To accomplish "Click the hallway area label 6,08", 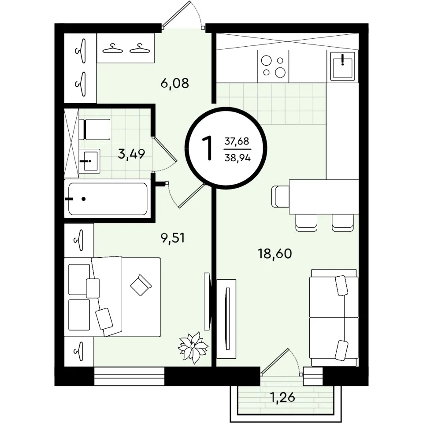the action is pyautogui.click(x=174, y=83).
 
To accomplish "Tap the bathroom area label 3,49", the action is pyautogui.click(x=131, y=154).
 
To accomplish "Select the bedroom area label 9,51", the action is pyautogui.click(x=172, y=238).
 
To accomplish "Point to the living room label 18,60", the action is pyautogui.click(x=275, y=254).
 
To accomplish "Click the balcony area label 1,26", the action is pyautogui.click(x=282, y=397).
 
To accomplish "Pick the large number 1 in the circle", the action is pyautogui.click(x=208, y=148).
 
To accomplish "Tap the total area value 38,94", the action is pyautogui.click(x=237, y=158).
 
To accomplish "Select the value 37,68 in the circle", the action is pyautogui.click(x=237, y=141).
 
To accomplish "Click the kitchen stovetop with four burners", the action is pyautogui.click(x=273, y=67).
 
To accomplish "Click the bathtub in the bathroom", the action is pyautogui.click(x=108, y=199).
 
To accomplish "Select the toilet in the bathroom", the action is pyautogui.click(x=94, y=130).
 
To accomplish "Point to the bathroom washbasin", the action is pyautogui.click(x=89, y=161).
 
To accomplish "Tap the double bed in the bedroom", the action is pyautogui.click(x=112, y=297).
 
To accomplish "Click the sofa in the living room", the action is pyautogui.click(x=334, y=318).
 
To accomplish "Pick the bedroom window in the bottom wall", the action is pyautogui.click(x=129, y=376).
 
